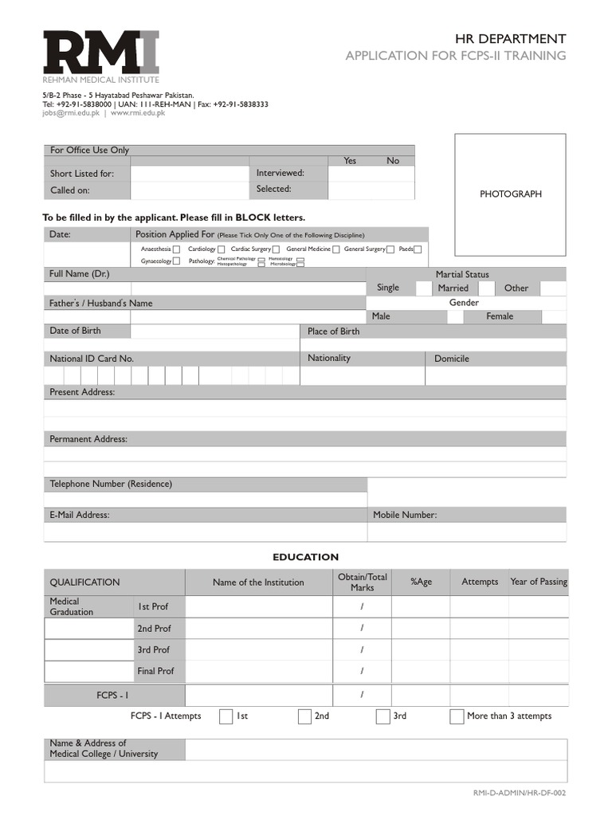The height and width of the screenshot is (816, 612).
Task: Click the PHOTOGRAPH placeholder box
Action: pyautogui.click(x=510, y=194)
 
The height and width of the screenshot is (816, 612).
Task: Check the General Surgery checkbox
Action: pyautogui.click(x=390, y=249)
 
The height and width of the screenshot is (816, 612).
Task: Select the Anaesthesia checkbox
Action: pyautogui.click(x=178, y=249)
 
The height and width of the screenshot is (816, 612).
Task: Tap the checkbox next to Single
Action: pyautogui.click(x=423, y=288)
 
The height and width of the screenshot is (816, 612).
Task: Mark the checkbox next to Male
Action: pyautogui.click(x=455, y=316)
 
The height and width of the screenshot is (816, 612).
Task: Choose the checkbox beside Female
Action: pyautogui.click(x=553, y=316)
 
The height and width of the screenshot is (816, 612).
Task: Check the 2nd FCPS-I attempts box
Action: pyautogui.click(x=304, y=716)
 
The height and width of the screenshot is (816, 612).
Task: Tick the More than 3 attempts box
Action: pyautogui.click(x=457, y=716)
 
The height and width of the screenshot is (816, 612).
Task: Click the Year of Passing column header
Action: pyautogui.click(x=539, y=582)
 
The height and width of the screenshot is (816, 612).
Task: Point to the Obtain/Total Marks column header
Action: pyautogui.click(x=362, y=582)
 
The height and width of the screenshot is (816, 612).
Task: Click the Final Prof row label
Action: pyautogui.click(x=155, y=671)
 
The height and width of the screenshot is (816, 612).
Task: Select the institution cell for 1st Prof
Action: pyautogui.click(x=258, y=606)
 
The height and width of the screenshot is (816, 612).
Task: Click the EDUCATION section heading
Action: pyautogui.click(x=306, y=557)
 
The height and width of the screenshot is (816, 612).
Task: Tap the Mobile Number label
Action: pyautogui.click(x=405, y=515)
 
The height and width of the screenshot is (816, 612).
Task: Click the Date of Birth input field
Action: pyautogui.click(x=214, y=331)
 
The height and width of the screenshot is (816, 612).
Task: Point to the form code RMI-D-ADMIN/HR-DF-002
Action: pyautogui.click(x=520, y=793)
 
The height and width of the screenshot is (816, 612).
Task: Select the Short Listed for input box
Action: pyautogui.click(x=190, y=173)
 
